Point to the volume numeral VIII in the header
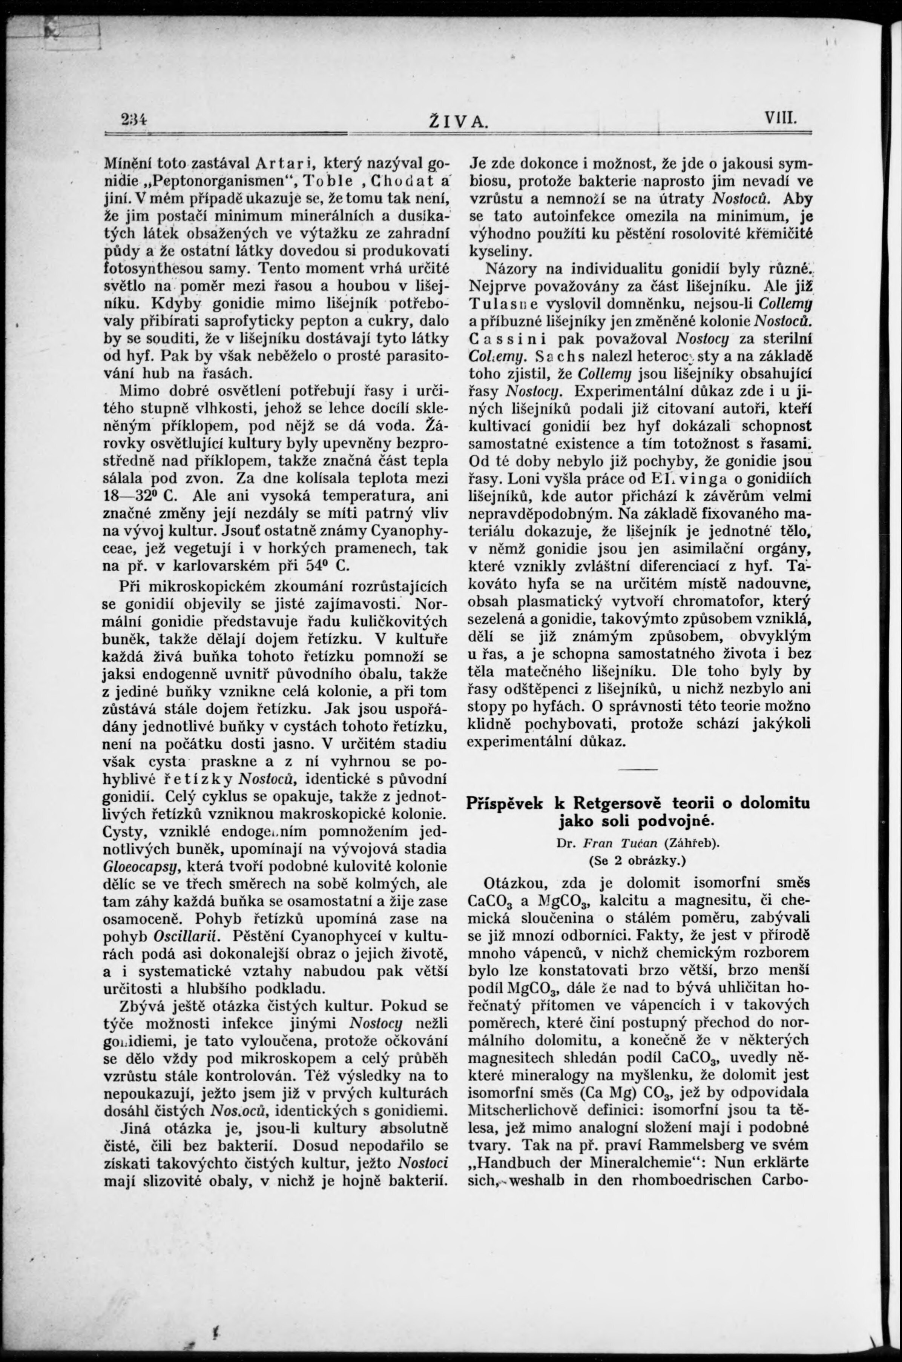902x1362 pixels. [x=780, y=120]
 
